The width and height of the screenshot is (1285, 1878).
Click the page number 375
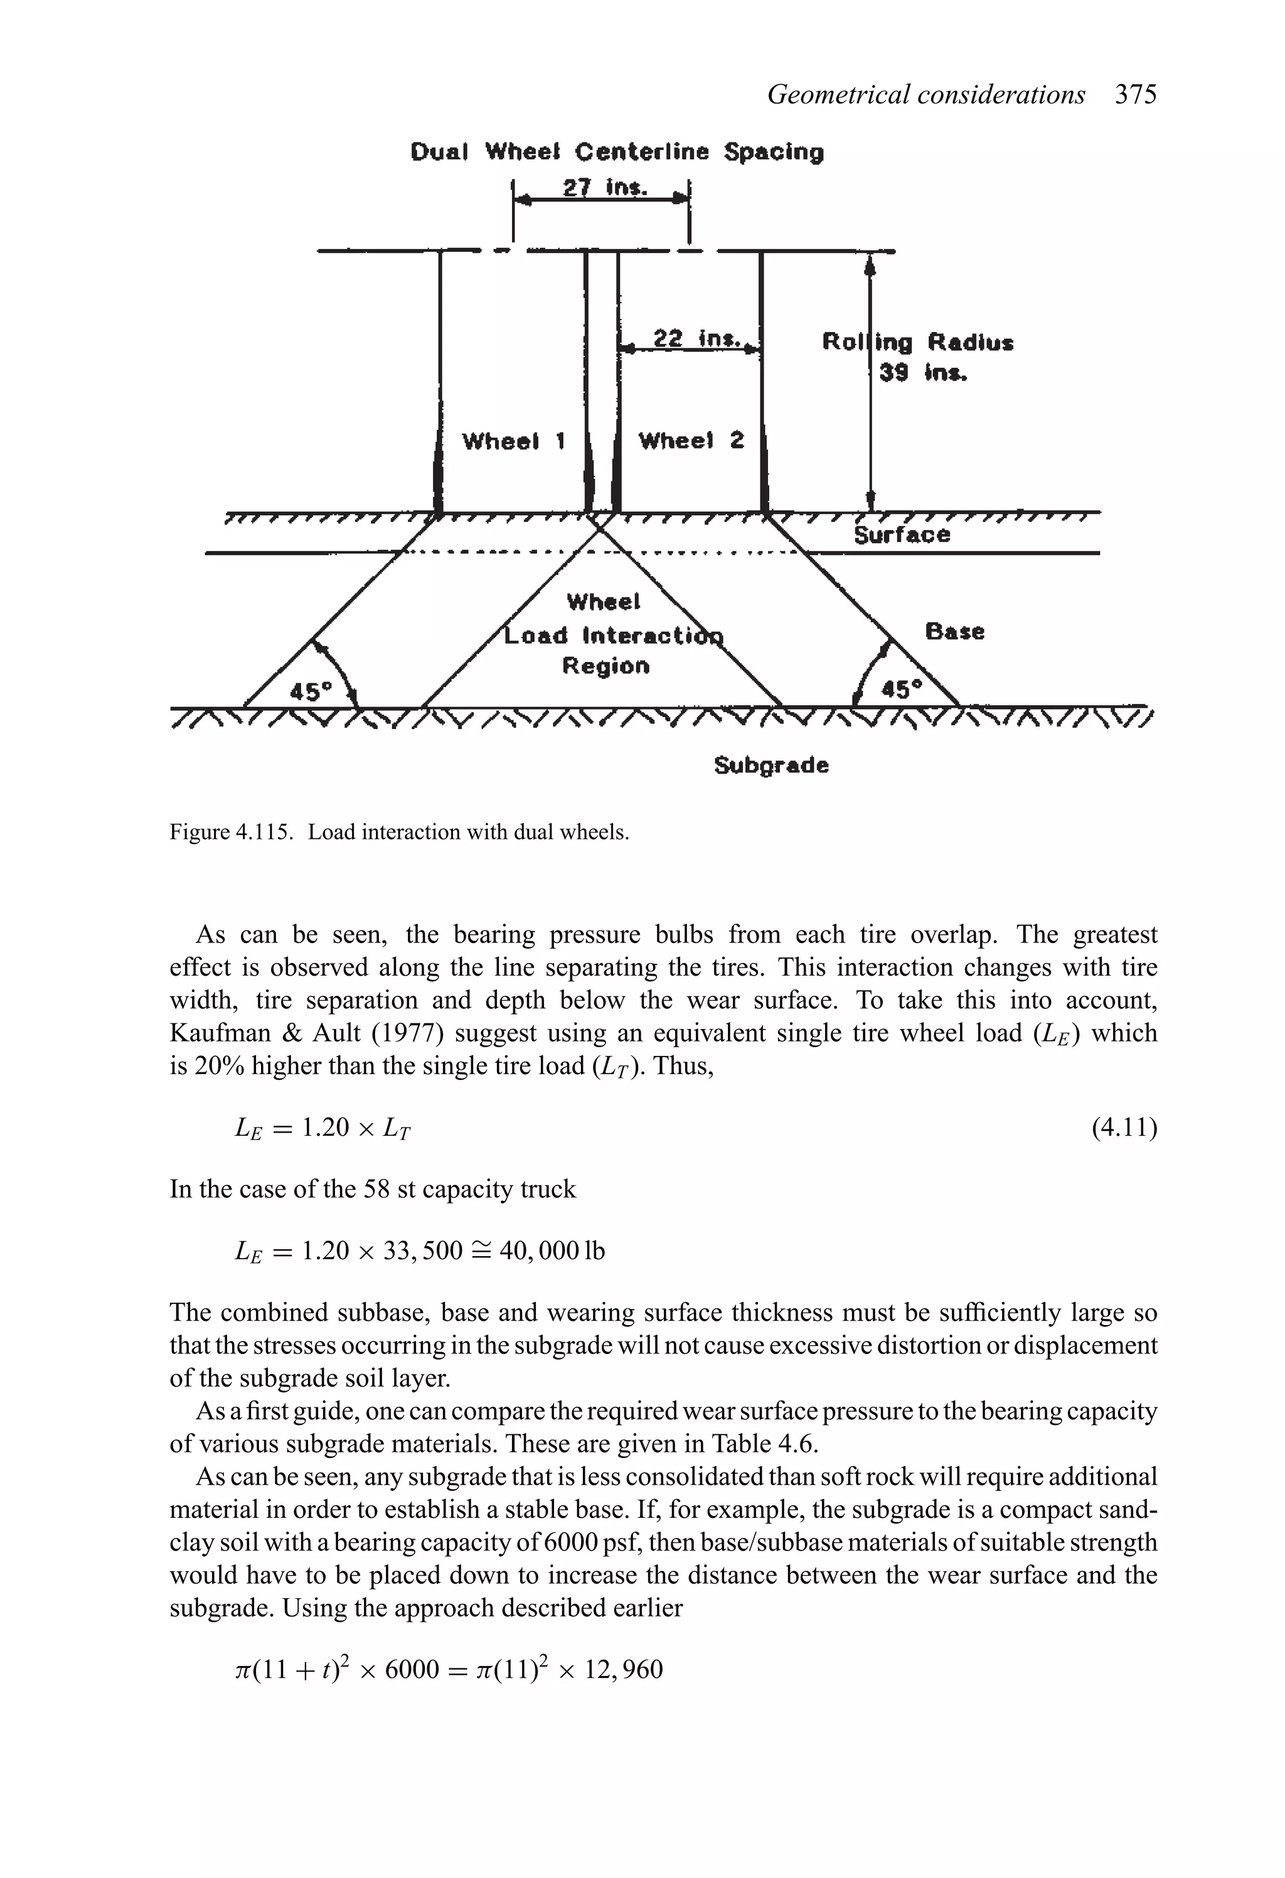tap(1136, 95)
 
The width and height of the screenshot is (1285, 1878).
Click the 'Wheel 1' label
tap(513, 441)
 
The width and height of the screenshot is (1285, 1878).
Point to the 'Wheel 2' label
tap(691, 440)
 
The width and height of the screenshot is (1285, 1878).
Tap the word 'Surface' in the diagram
tap(902, 535)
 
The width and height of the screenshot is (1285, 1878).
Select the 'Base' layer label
tap(954, 631)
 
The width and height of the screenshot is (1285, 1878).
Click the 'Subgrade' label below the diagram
tap(771, 766)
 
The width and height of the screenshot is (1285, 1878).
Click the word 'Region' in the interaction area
tap(605, 666)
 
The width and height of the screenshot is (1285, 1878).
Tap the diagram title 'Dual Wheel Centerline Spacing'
tap(617, 152)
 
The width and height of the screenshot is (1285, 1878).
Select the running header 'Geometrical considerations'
tap(925, 95)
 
